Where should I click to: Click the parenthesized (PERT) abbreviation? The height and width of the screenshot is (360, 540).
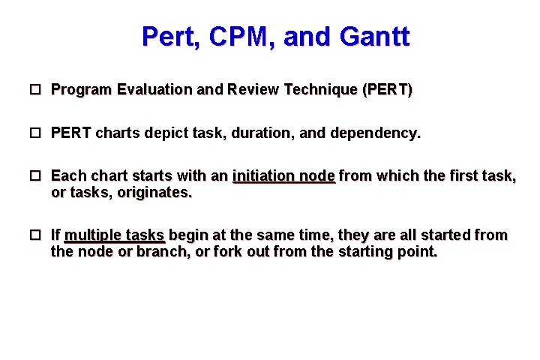(387, 90)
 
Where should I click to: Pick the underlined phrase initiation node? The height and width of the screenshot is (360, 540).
(283, 176)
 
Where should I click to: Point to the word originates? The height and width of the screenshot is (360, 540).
(154, 193)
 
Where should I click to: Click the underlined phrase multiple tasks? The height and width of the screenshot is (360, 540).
(114, 235)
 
